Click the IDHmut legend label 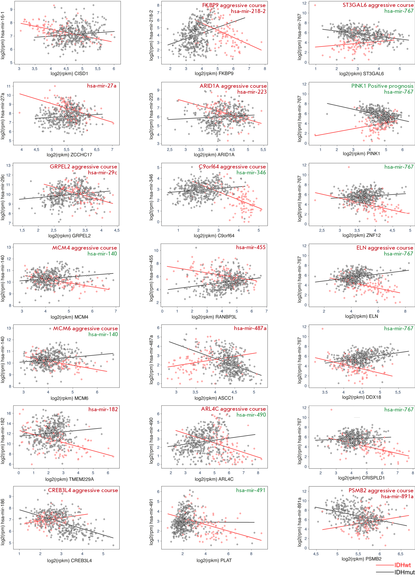click(x=404, y=573)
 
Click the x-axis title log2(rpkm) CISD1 click(x=69, y=74)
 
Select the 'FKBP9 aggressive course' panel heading click(x=234, y=5)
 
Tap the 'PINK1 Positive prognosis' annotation click(x=382, y=86)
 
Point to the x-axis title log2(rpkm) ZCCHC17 click(x=69, y=155)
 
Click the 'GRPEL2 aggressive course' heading click(x=83, y=167)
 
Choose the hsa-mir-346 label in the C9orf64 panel click(x=251, y=172)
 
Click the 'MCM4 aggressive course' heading click(x=84, y=248)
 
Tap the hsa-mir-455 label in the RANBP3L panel click(x=250, y=247)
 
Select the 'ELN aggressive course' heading click(x=385, y=248)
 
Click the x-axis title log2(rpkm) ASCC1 click(x=214, y=398)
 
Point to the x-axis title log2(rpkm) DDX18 click(x=361, y=397)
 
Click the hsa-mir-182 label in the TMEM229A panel click(x=103, y=409)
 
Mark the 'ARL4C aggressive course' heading click(x=233, y=409)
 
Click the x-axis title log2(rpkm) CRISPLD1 click(x=361, y=478)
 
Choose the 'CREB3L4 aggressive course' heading click(x=83, y=490)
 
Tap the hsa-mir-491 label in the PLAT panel click(x=250, y=490)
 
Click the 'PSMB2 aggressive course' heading click(x=381, y=490)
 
